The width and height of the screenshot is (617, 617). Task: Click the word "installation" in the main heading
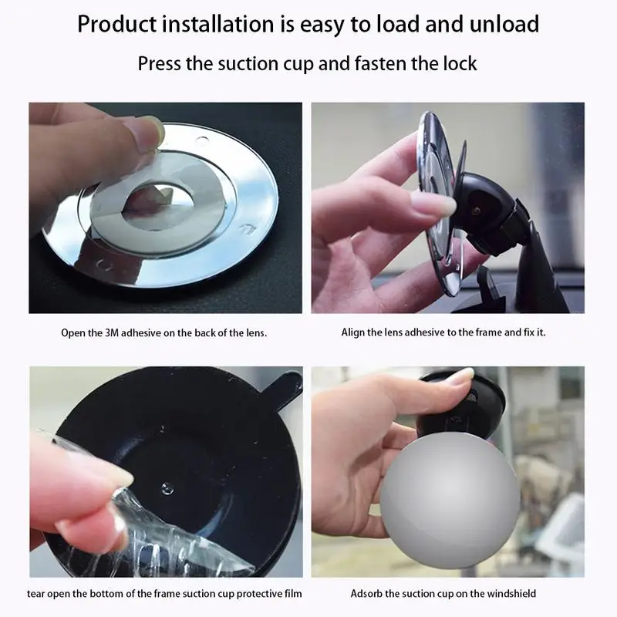pyautogui.click(x=218, y=24)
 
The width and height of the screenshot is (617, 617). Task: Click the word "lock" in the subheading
pyautogui.click(x=460, y=63)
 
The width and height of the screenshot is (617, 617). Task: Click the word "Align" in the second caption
pyautogui.click(x=352, y=332)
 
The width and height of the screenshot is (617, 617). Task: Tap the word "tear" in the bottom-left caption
pyautogui.click(x=35, y=593)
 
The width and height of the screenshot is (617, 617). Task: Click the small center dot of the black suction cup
pyautogui.click(x=167, y=488)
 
